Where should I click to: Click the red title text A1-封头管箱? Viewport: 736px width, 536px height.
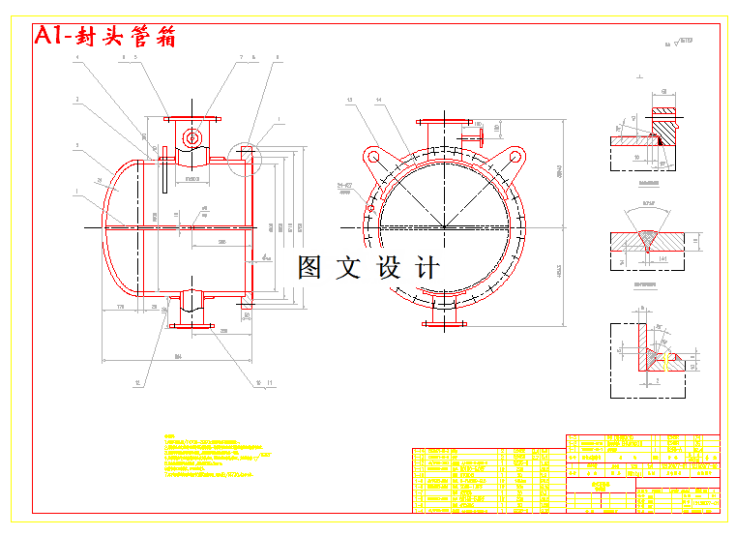(104, 36)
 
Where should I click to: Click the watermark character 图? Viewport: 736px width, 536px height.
(309, 267)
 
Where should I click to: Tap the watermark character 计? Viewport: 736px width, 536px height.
(427, 267)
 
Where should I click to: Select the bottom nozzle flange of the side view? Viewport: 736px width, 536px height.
(191, 325)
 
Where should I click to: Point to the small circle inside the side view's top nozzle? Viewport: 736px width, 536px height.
(192, 138)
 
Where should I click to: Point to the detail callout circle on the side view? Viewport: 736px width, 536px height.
(246, 153)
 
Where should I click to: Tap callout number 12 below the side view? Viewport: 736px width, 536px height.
(137, 383)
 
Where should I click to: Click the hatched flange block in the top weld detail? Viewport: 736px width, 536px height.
(664, 123)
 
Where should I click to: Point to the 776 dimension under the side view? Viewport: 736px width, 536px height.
(121, 307)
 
